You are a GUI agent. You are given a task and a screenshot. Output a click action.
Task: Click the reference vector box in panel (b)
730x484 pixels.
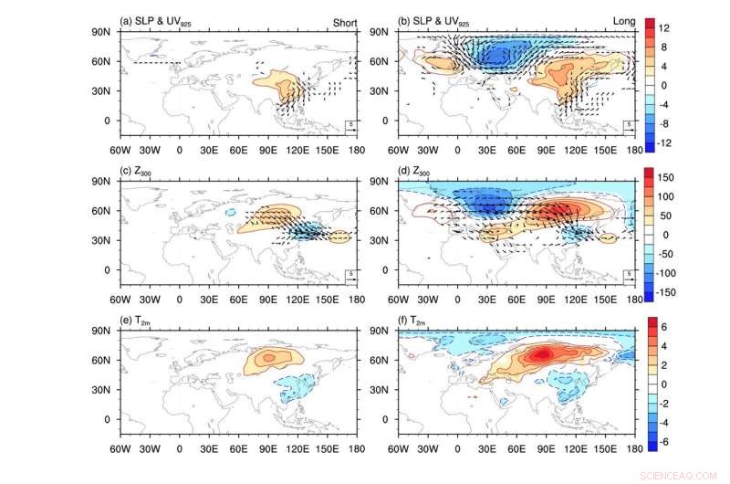tap(629, 125)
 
